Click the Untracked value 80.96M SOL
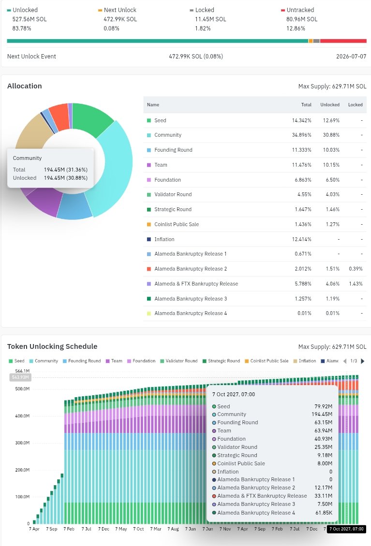coord(302,19)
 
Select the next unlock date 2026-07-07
coord(351,57)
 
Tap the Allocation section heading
coord(24,86)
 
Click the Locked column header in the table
coord(356,105)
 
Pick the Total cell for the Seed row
coord(302,120)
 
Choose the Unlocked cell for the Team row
coord(331,165)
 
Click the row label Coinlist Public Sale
coord(177,224)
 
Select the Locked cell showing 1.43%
coord(356,284)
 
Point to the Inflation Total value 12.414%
coord(302,239)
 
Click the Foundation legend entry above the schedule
coord(141,361)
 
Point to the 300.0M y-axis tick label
coord(22,443)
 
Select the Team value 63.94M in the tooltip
coord(323,431)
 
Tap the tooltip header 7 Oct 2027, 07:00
coord(234,395)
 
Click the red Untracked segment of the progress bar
coord(343,41)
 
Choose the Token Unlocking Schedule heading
coord(52,346)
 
